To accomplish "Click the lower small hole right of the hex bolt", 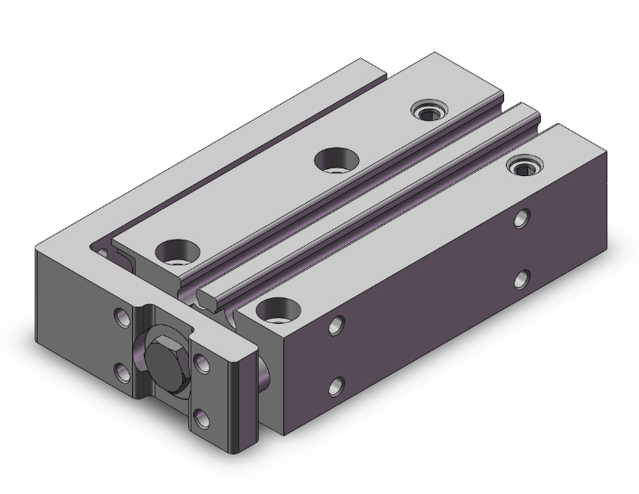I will [x=203, y=418].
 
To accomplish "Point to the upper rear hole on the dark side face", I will [x=522, y=221].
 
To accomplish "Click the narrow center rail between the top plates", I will [x=369, y=198].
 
